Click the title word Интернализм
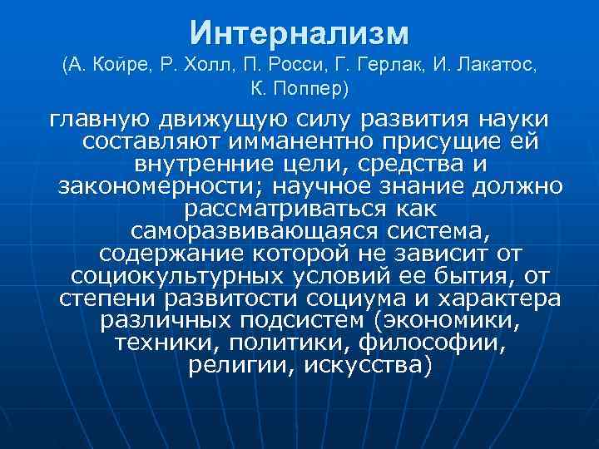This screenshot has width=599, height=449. click(299, 33)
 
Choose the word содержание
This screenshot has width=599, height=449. click(173, 253)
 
